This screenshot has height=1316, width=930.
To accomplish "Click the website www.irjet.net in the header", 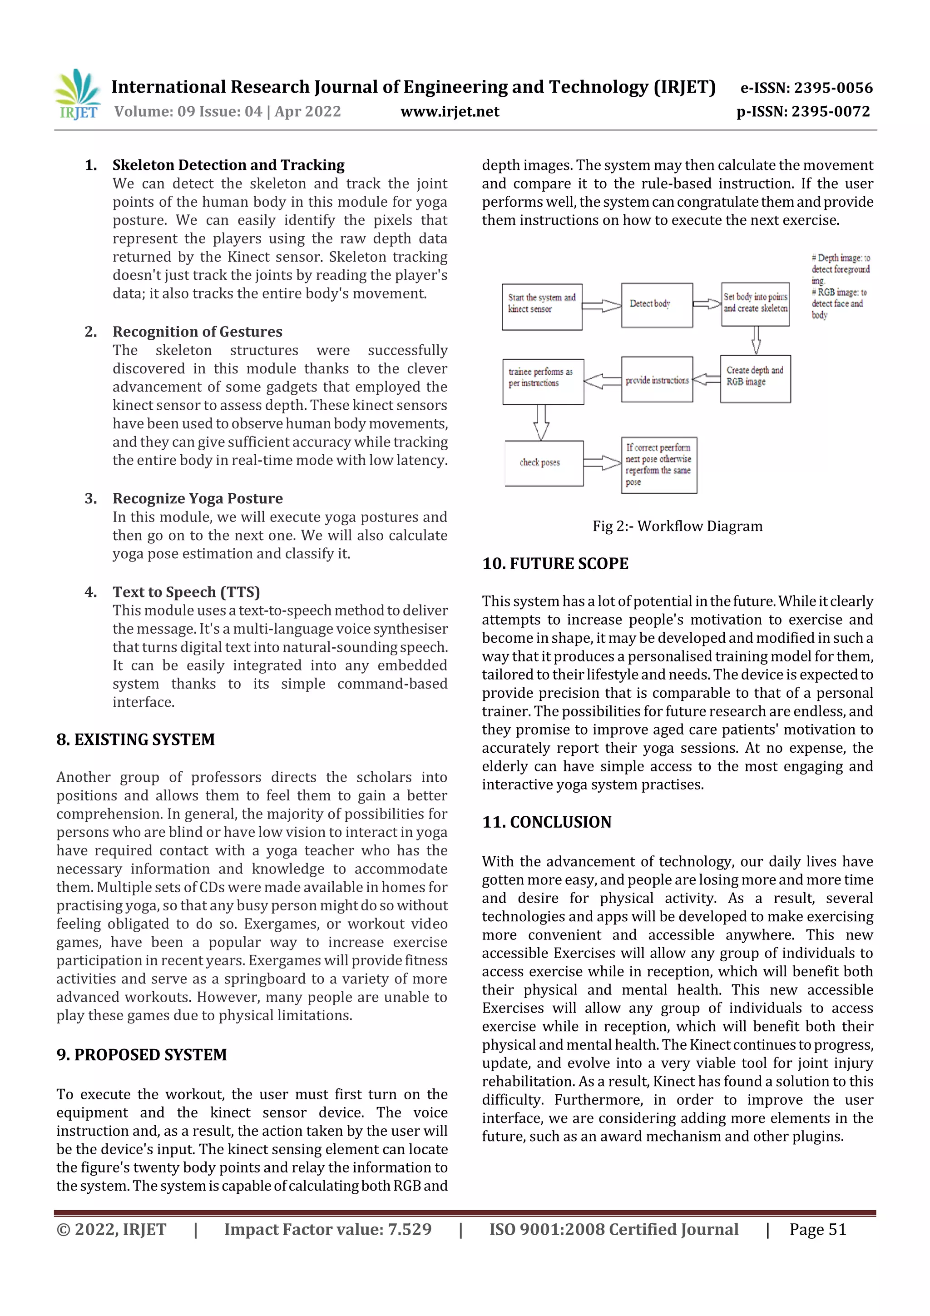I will [x=450, y=111].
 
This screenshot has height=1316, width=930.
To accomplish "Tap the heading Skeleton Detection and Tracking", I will [x=228, y=165].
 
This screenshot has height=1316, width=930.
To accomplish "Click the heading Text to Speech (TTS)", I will [x=186, y=591].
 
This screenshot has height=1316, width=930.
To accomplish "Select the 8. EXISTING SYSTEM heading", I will [x=136, y=740].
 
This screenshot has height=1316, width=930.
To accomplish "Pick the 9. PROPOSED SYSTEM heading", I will [x=142, y=1055].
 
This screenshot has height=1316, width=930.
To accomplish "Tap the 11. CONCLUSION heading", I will [x=547, y=822].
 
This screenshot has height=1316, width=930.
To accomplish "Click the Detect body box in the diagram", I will [x=657, y=304].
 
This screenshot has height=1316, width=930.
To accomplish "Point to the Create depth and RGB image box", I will [x=755, y=378].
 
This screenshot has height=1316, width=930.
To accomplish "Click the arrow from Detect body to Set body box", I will [x=707, y=304].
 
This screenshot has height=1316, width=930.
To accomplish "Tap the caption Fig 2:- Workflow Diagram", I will [x=678, y=526].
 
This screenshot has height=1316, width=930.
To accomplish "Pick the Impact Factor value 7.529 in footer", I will [x=328, y=1229].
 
